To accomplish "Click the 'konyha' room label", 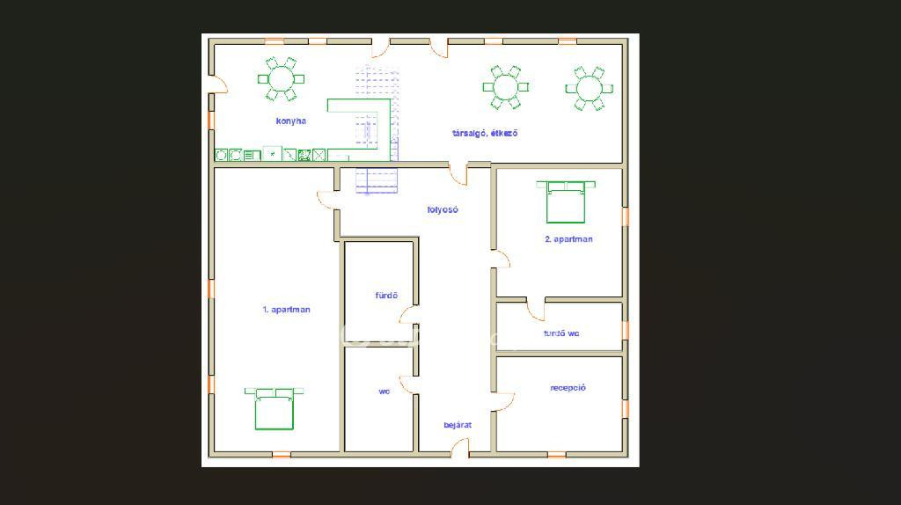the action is (290, 121).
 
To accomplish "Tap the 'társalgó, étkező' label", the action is (485, 133).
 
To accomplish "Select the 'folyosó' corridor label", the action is (443, 209).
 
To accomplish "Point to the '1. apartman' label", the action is (286, 310).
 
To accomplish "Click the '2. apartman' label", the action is (568, 239).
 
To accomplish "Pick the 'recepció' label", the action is (568, 388).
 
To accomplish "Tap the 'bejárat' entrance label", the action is (458, 425).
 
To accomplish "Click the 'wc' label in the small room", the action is (384, 392).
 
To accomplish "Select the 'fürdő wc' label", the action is (560, 333).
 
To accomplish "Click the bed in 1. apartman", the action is (275, 408).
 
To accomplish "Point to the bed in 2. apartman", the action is (566, 201).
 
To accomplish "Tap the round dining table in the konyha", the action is (281, 79).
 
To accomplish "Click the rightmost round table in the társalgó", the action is (589, 89).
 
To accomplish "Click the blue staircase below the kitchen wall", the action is (377, 181).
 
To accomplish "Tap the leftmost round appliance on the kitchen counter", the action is (221, 155).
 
